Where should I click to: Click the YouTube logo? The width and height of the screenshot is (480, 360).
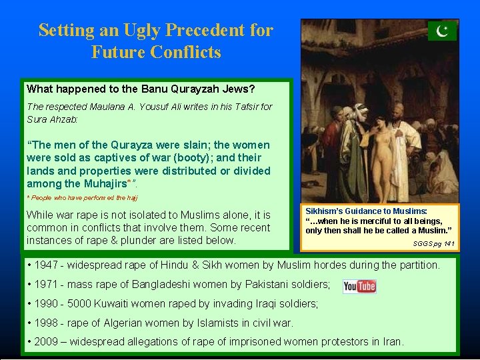(x=359, y=286)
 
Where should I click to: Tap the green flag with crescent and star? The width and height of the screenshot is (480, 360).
(x=442, y=31)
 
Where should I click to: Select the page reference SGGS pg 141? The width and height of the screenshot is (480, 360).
(x=433, y=245)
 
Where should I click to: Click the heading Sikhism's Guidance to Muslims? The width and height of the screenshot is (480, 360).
(x=366, y=211)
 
